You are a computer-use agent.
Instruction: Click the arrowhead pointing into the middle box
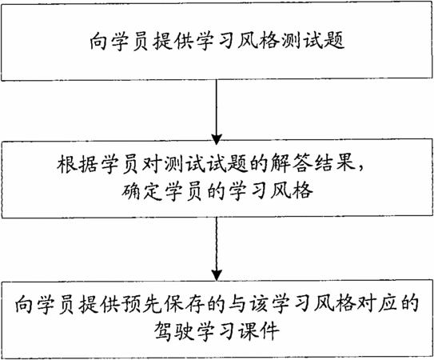click(x=217, y=138)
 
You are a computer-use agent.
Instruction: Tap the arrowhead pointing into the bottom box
click(x=217, y=275)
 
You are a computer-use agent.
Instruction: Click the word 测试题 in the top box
click(x=313, y=42)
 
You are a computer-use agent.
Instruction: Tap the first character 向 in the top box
click(x=98, y=42)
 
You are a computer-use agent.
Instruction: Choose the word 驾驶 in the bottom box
click(x=173, y=331)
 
